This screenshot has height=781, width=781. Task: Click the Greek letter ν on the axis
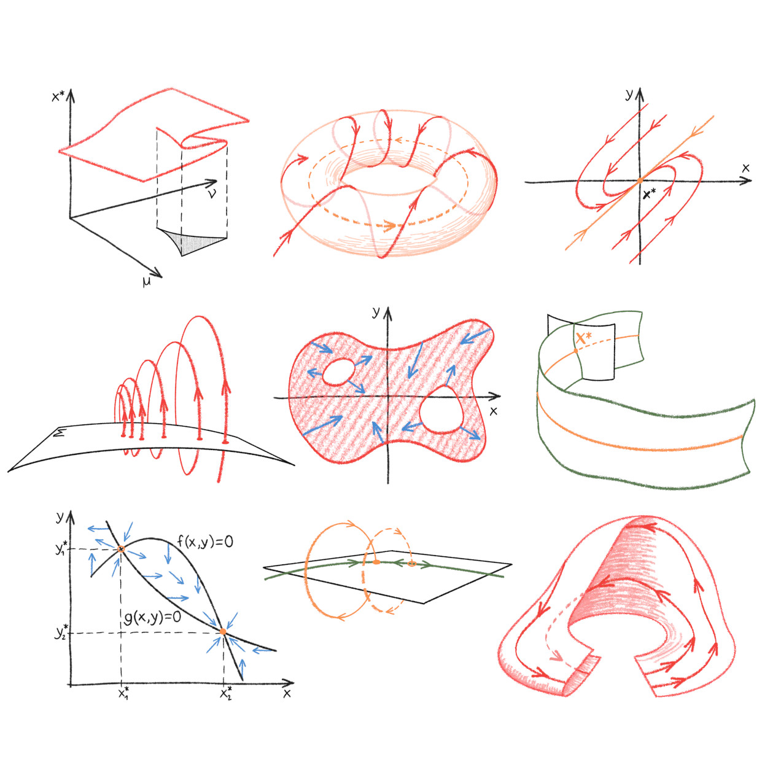[212, 194]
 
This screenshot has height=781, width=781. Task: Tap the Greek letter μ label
[146, 282]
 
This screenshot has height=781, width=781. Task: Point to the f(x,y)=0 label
[205, 542]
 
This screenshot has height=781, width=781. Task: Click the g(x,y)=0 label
[152, 617]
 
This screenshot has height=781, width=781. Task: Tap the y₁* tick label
[62, 549]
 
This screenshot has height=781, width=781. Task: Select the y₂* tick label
[62, 632]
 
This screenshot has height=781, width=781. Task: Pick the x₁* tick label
[123, 693]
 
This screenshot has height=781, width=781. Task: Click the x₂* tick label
[226, 693]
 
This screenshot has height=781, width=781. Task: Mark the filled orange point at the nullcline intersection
[222, 631]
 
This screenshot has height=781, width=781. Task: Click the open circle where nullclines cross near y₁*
[120, 549]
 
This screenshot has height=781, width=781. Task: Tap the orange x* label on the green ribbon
[584, 337]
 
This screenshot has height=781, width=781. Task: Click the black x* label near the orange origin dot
[649, 194]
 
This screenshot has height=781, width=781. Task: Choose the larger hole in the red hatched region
[441, 410]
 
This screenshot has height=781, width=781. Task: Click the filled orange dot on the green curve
[376, 562]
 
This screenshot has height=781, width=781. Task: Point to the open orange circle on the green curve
[411, 564]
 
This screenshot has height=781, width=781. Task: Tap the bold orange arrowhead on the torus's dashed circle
[389, 226]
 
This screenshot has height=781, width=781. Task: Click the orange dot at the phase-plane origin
[640, 181]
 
